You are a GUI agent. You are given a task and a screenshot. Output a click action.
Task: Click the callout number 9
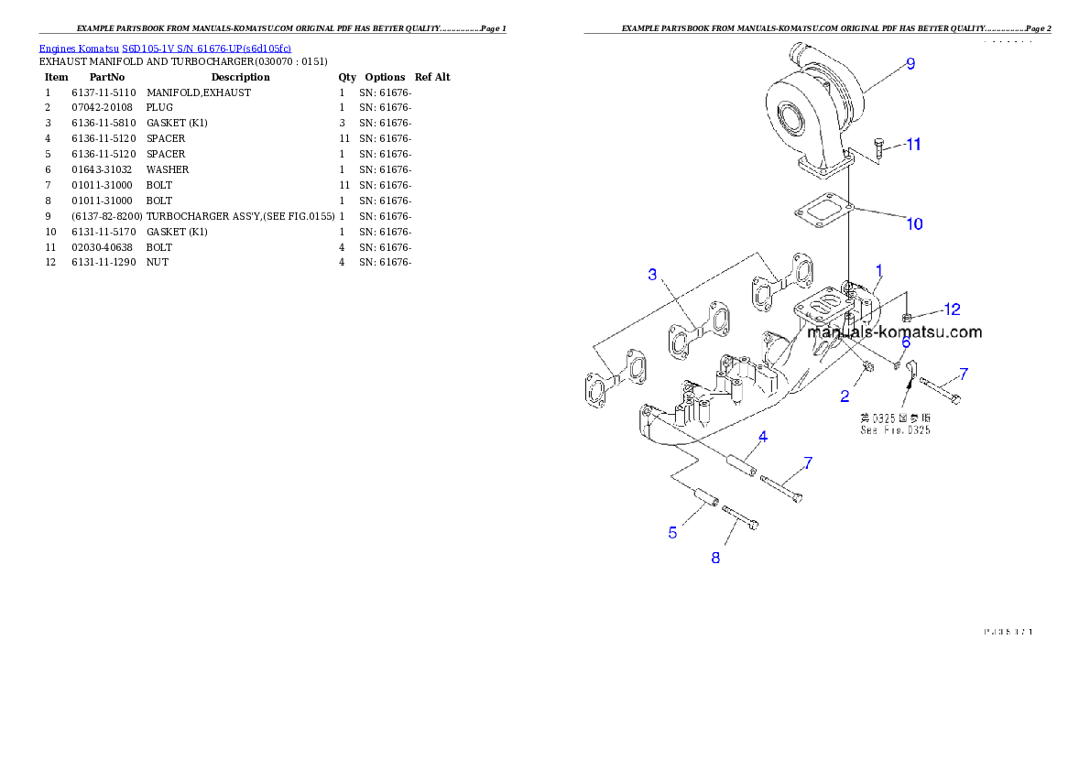click(x=910, y=63)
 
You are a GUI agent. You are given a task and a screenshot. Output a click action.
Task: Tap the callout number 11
click(x=913, y=144)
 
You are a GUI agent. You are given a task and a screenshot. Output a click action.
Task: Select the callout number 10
click(x=914, y=223)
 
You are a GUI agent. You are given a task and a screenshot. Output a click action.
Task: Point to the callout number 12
click(x=953, y=309)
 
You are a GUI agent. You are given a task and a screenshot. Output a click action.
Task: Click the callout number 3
click(x=652, y=274)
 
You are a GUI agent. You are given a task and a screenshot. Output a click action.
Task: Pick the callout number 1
click(x=878, y=270)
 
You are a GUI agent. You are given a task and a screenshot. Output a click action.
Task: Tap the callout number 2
click(x=845, y=396)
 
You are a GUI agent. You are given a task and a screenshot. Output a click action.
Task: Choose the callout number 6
click(x=905, y=342)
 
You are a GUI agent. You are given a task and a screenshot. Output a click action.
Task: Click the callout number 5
click(x=672, y=532)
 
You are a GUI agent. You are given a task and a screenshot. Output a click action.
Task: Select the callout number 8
click(x=715, y=557)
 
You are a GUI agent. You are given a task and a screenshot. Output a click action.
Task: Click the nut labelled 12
click(x=907, y=317)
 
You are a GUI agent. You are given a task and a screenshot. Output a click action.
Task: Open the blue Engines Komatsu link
click(x=165, y=48)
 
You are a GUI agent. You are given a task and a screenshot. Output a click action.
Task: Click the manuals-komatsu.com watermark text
click(x=894, y=332)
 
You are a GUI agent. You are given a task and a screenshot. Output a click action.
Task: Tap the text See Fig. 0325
click(x=894, y=429)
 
